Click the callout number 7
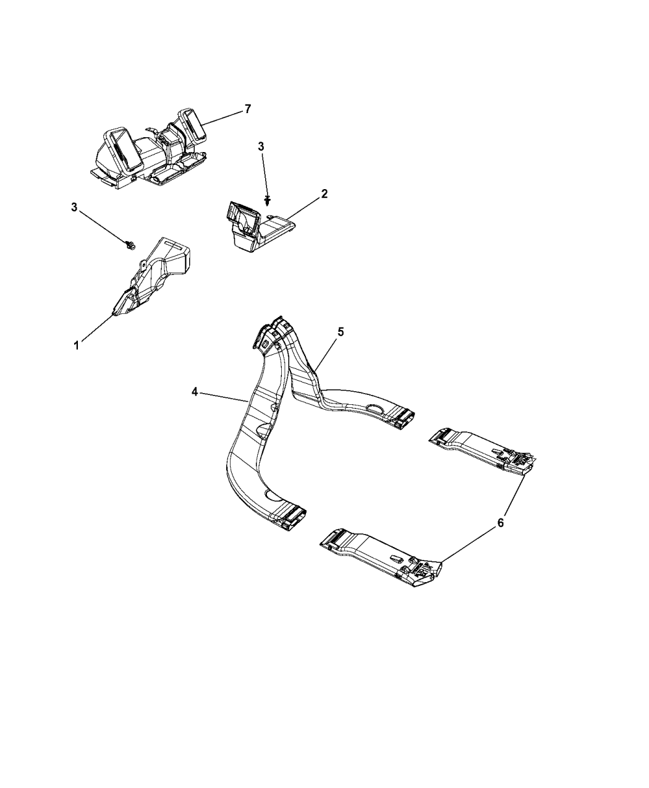tap(247, 109)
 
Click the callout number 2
tap(324, 193)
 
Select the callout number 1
tap(77, 345)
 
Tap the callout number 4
tap(195, 392)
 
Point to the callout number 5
tap(341, 332)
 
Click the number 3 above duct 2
tap(261, 147)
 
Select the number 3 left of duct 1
tap(74, 207)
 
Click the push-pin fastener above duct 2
tap(268, 200)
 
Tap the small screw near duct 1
tap(131, 245)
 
